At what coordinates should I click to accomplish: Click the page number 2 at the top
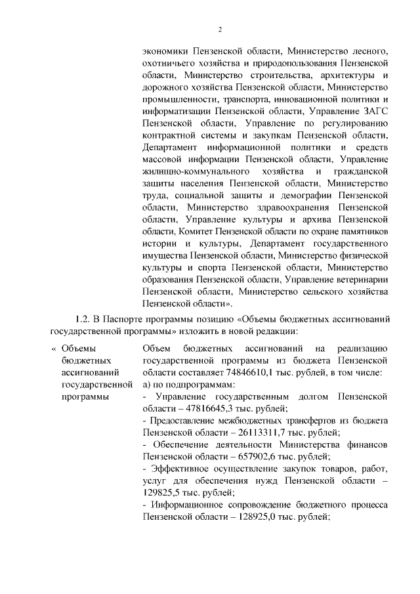pos(220,28)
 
